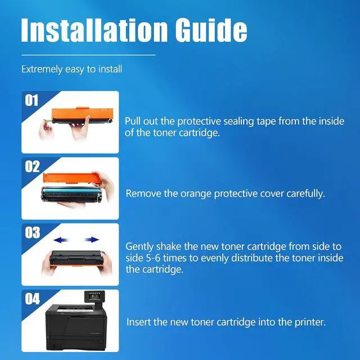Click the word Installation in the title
[94, 30]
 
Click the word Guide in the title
[211, 30]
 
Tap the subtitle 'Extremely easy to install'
[71, 69]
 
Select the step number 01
[31, 101]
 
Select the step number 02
[33, 166]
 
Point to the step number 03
[33, 232]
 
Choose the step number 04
[33, 299]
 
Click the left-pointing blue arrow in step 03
[61, 240]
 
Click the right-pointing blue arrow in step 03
[91, 240]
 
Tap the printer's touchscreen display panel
[94, 296]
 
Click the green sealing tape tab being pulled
[48, 120]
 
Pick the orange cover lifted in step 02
[72, 178]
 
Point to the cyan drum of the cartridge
[71, 191]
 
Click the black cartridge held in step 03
[76, 258]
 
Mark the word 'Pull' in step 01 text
[133, 121]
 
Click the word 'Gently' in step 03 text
[139, 247]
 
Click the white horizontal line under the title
[88, 55]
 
